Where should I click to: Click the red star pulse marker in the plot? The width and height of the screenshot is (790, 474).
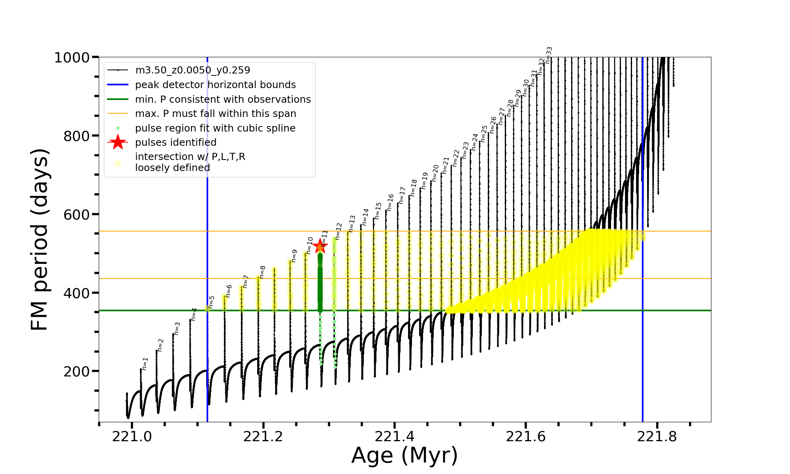320,246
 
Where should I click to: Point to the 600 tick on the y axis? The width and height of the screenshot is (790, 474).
77,214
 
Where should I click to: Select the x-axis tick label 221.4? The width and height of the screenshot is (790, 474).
394,436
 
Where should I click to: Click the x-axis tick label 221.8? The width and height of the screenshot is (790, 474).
657,436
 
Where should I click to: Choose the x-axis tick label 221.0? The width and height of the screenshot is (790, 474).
132,436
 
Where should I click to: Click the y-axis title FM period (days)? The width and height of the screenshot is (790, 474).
40,239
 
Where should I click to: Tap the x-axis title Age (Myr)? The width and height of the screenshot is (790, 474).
404,455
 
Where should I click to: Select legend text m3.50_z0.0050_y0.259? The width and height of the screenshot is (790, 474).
192,70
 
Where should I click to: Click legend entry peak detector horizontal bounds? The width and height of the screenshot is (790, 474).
215,85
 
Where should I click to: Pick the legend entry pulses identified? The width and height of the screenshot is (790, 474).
176,143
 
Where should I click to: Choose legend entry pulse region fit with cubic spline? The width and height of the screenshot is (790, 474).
215,128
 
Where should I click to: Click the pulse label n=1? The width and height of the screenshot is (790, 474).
145,364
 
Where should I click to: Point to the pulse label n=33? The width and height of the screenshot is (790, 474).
549,55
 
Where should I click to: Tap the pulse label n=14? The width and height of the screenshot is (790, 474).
365,217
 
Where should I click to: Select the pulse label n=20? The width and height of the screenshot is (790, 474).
435,173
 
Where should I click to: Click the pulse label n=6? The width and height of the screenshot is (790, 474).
229,291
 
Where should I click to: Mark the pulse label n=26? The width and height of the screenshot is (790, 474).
493,125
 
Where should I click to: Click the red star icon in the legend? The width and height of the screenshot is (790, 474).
118,143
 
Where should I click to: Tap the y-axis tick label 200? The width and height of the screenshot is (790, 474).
77,372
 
